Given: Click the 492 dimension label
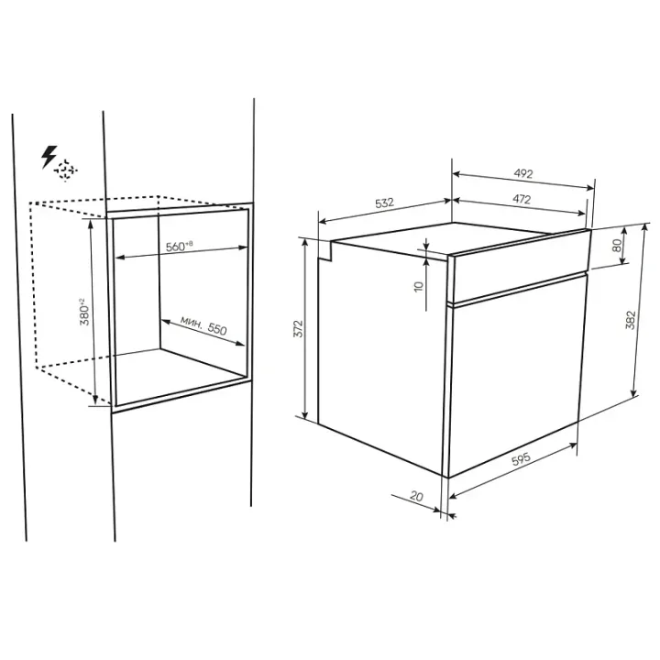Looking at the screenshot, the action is [523, 173].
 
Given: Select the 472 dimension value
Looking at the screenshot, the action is [522, 199].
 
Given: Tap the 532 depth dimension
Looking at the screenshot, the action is [384, 203].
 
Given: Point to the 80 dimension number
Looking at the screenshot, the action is [617, 245].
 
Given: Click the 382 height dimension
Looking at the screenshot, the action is [630, 320].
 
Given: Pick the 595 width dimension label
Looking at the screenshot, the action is [521, 458].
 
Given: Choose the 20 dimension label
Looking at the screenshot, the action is [416, 496].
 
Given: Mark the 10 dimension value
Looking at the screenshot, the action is [418, 286].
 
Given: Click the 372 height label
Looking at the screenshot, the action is [298, 328].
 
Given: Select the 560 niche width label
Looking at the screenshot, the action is [179, 247].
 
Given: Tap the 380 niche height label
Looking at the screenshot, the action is [84, 313].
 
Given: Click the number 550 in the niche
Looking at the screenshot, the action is [217, 329].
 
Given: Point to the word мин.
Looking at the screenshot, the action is [192, 322].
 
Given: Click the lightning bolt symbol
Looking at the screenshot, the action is [49, 157].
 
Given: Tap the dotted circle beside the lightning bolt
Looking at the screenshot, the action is [65, 170].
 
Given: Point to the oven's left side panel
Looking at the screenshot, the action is [382, 357].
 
